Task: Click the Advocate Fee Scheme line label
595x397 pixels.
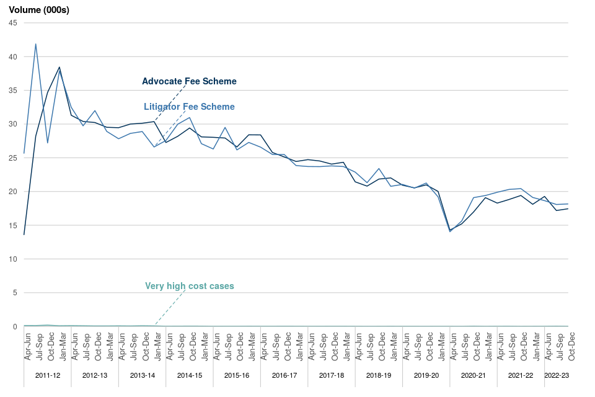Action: click(189, 81)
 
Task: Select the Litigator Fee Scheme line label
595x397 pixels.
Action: click(189, 107)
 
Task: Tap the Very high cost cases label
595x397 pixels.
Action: click(189, 286)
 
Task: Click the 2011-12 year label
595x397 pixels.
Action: click(48, 375)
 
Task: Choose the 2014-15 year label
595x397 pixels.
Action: click(190, 375)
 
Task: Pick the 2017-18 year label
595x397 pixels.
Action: click(332, 375)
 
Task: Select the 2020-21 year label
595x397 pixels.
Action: click(474, 375)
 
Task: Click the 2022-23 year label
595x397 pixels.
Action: click(557, 375)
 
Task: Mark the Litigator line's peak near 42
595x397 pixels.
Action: click(36, 44)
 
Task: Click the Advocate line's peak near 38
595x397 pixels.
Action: click(59, 67)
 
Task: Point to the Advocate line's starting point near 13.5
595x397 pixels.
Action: click(24, 234)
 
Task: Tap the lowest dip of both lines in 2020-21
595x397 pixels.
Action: click(450, 231)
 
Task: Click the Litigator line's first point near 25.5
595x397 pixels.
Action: click(24, 153)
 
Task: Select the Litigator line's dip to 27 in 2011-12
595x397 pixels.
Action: click(48, 143)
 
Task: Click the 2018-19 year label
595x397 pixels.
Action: click(379, 375)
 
